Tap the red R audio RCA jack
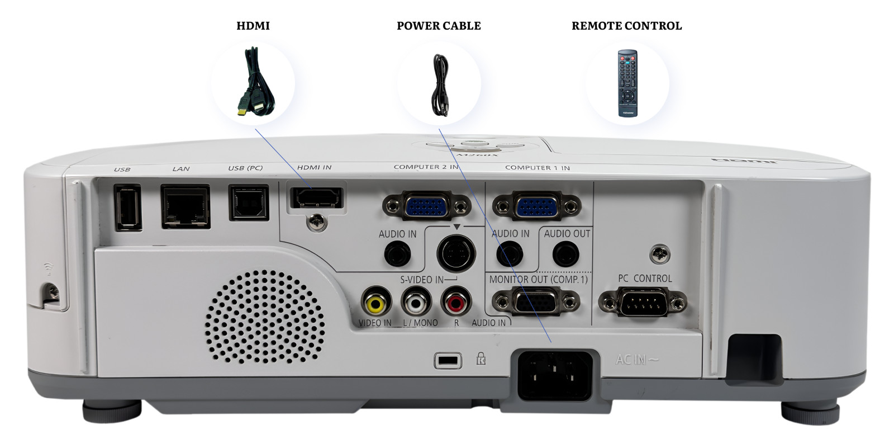(456, 304)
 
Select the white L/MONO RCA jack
(416, 304)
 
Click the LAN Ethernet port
(186, 206)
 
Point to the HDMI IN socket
(315, 197)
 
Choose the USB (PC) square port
(249, 202)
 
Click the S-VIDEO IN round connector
(455, 253)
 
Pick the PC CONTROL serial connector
(643, 304)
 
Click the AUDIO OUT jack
(565, 254)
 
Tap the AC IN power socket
(555, 374)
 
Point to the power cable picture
(439, 85)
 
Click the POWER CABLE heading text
(439, 26)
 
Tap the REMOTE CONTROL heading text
(626, 26)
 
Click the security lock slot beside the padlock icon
(448, 361)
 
